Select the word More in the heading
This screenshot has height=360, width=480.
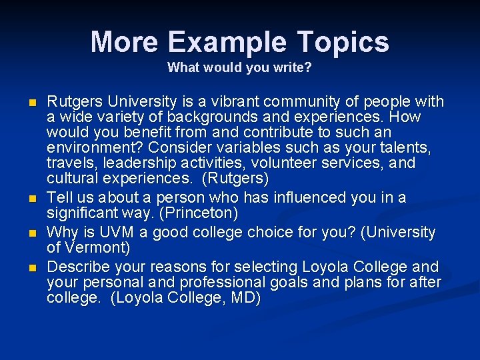tap(125, 42)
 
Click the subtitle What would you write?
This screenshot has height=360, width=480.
tap(239, 67)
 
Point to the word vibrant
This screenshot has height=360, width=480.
tap(237, 101)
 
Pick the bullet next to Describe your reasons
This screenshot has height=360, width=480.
tap(31, 268)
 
